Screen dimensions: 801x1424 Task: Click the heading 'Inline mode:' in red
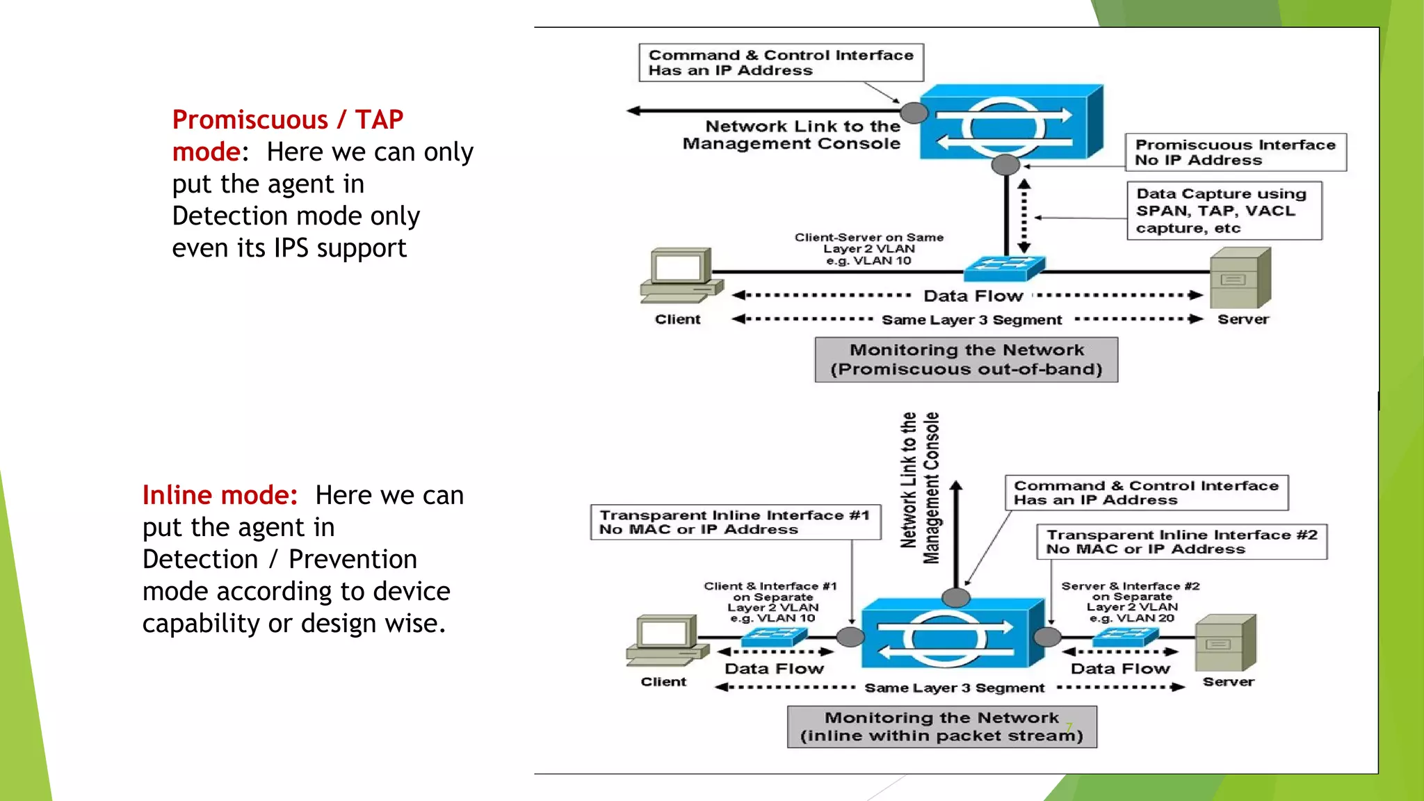[x=220, y=495]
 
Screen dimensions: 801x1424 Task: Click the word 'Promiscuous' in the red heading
[x=250, y=120]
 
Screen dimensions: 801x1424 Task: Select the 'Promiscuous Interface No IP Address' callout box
[x=1236, y=152]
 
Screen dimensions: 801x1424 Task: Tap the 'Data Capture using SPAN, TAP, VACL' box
[x=1224, y=211]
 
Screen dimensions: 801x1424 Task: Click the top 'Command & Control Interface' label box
[x=781, y=63]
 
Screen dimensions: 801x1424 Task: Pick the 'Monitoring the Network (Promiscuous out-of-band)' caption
[x=966, y=359]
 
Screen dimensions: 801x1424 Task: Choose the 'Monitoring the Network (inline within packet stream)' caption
[x=941, y=727]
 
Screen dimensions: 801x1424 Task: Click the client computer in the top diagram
[x=679, y=275]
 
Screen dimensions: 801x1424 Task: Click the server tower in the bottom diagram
[x=1225, y=643]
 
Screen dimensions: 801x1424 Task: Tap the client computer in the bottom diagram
[x=665, y=640]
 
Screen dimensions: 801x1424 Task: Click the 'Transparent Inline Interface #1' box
[x=735, y=522]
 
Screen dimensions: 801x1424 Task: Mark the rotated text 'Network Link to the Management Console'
[x=920, y=487]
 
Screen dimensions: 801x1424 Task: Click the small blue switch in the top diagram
[x=1004, y=268]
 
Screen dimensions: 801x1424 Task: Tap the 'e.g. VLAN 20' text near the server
[x=1131, y=618]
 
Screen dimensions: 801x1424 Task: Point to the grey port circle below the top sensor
[x=1005, y=165]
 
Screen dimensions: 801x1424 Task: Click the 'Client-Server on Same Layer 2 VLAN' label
[x=868, y=249]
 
